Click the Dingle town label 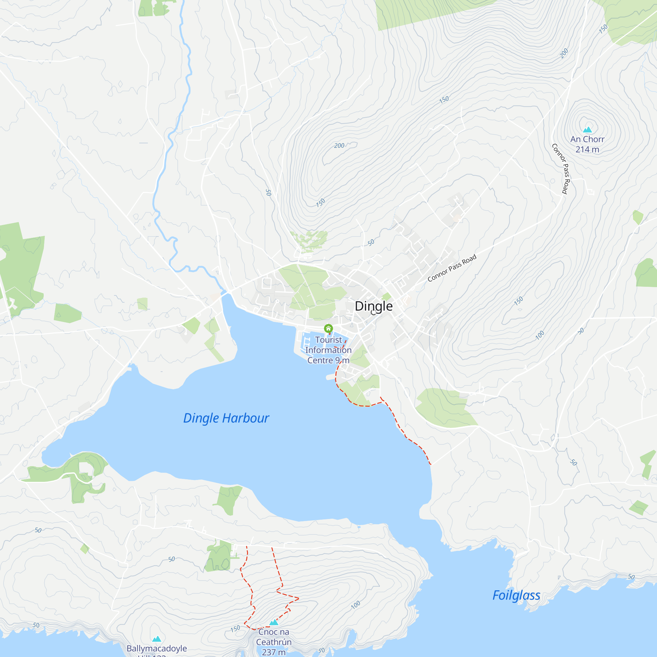(374, 306)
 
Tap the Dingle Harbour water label (226, 418)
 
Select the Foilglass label (516, 595)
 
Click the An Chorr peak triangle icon (587, 129)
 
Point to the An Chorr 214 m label (587, 144)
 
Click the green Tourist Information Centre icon (328, 328)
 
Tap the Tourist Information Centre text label (328, 350)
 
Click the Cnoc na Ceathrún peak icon (274, 622)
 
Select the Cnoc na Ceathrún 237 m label (274, 642)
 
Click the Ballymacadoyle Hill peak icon (156, 639)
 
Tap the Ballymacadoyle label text (156, 648)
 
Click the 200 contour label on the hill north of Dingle (339, 146)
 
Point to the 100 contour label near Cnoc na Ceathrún (355, 605)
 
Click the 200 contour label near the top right (564, 54)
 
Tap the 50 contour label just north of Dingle (371, 242)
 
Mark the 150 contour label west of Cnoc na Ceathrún (235, 629)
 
